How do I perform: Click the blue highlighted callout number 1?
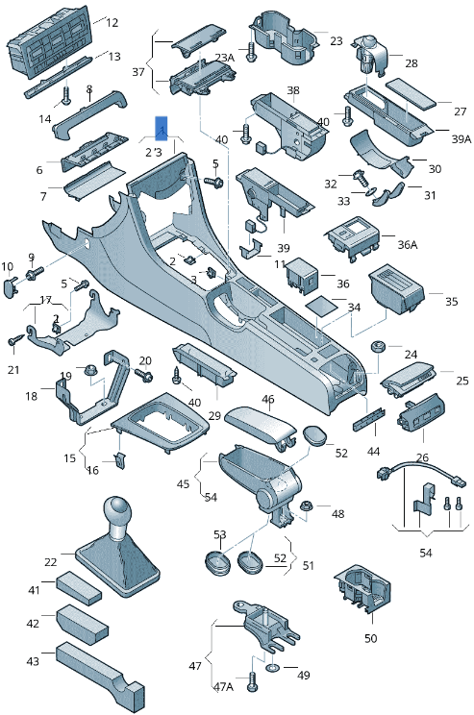(x=162, y=128)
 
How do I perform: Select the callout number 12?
(x=112, y=22)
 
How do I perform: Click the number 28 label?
(x=411, y=63)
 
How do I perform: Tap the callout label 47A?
(x=223, y=688)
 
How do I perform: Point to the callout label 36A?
(x=408, y=244)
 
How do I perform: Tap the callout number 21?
(x=13, y=370)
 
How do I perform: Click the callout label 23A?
(x=224, y=59)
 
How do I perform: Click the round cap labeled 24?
(x=379, y=346)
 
